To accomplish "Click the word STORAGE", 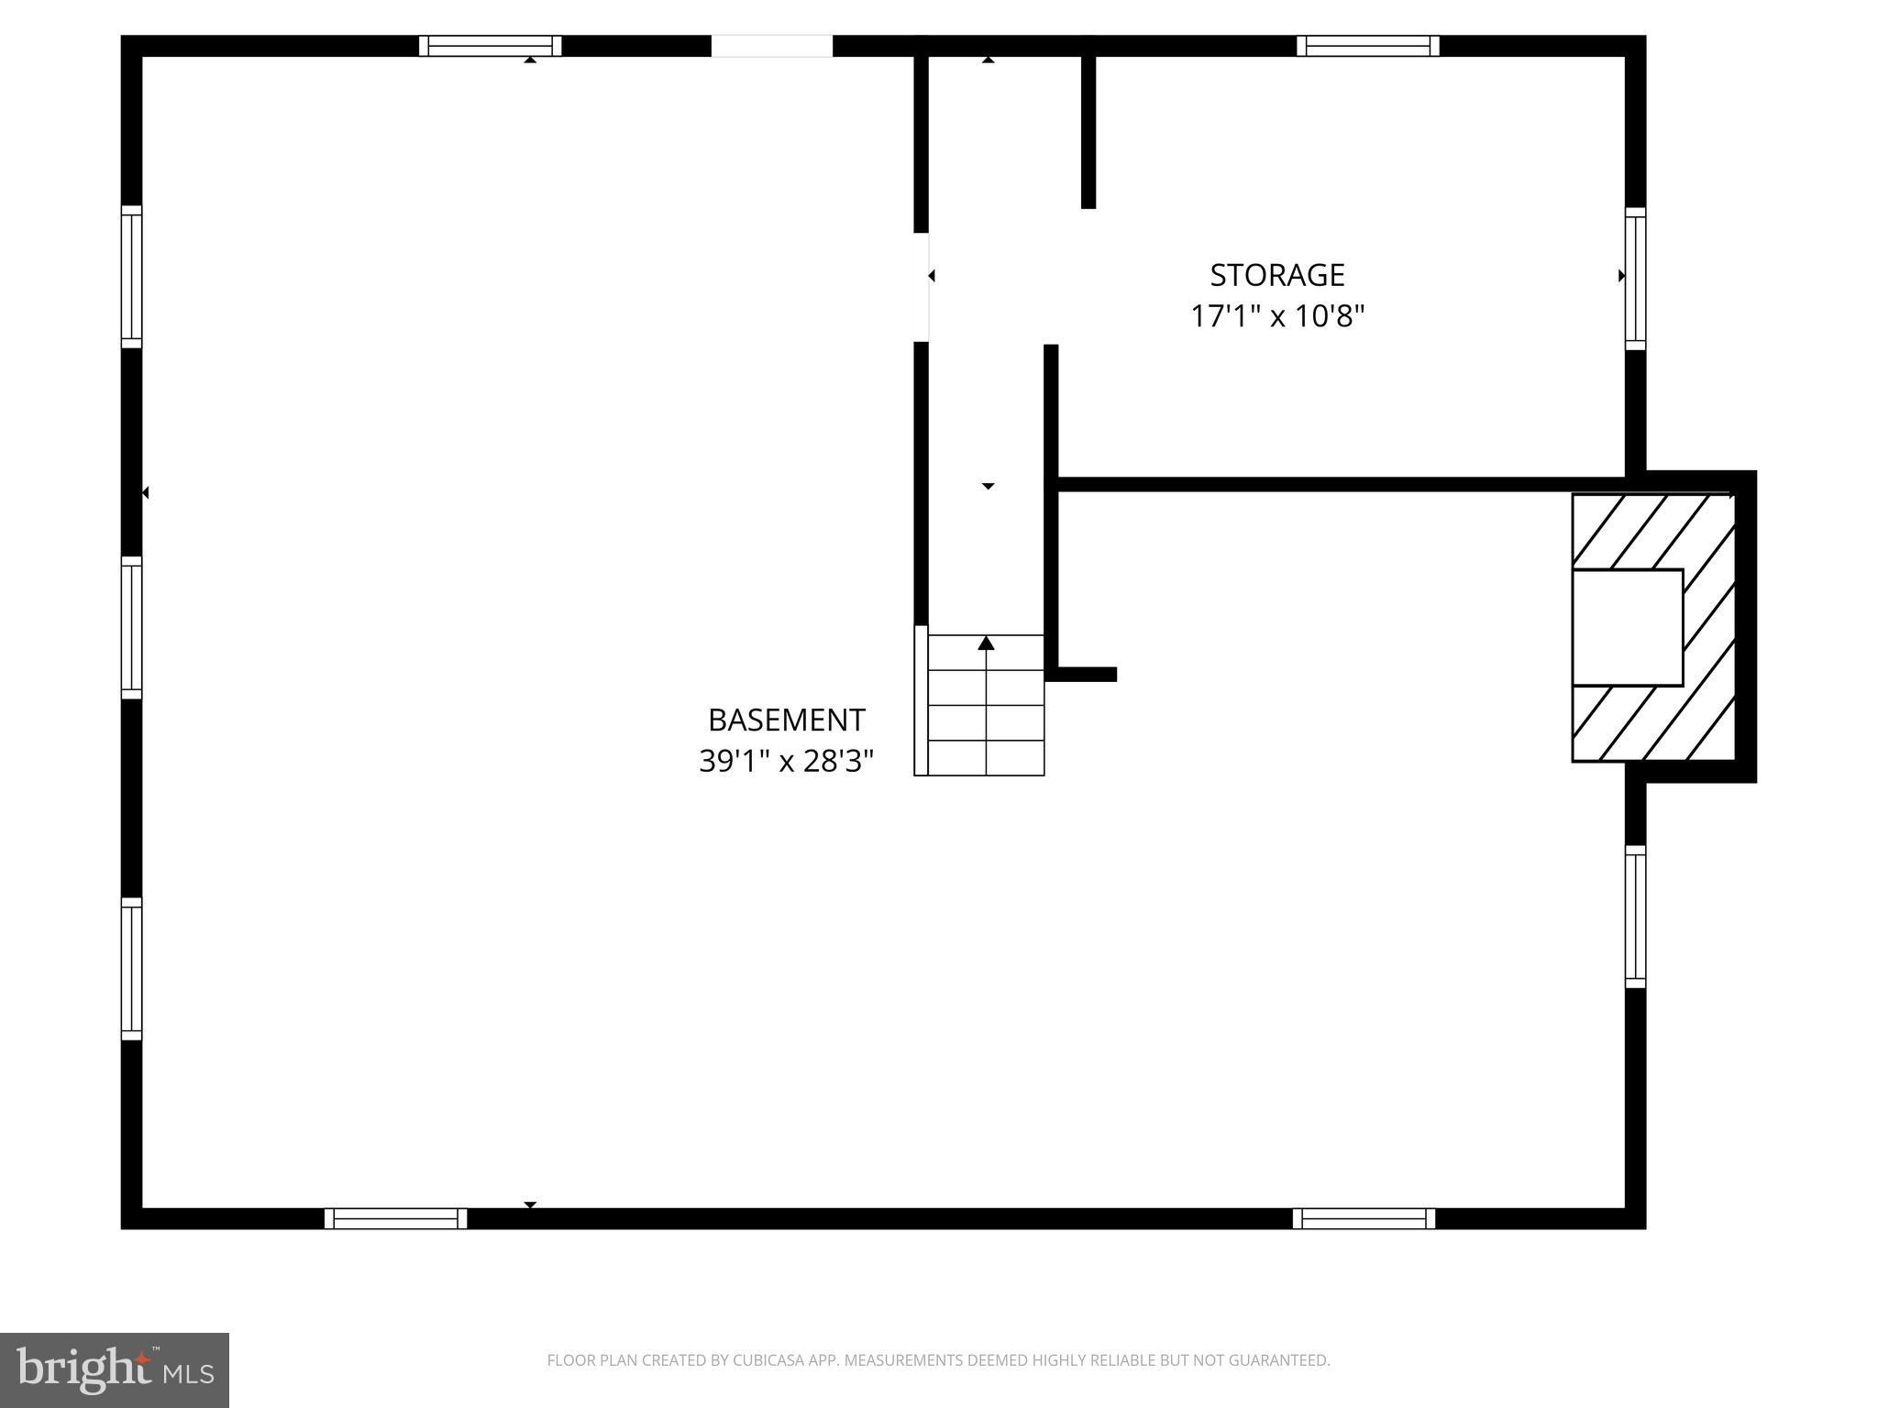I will (x=1276, y=275).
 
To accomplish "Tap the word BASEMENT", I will (x=786, y=720).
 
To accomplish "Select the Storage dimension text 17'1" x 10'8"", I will (x=1276, y=316).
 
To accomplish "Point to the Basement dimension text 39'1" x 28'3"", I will (x=786, y=761).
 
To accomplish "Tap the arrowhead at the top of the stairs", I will (x=987, y=643).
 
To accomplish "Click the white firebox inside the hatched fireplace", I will (x=1627, y=627).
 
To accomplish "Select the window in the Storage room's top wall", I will (x=1367, y=46).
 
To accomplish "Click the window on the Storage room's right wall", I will (x=1635, y=278).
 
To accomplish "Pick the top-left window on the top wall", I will (x=490, y=46).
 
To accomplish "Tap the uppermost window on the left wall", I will (x=132, y=276).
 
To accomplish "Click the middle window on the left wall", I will (x=132, y=628).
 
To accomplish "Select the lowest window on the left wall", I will (x=132, y=969).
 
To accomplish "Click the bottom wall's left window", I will (x=395, y=1218).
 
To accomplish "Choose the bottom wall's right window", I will (x=1364, y=1218).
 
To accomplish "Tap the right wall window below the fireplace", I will (x=1635, y=917).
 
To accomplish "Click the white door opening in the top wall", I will (x=771, y=46).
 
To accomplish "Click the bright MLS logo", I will (x=115, y=1370).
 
